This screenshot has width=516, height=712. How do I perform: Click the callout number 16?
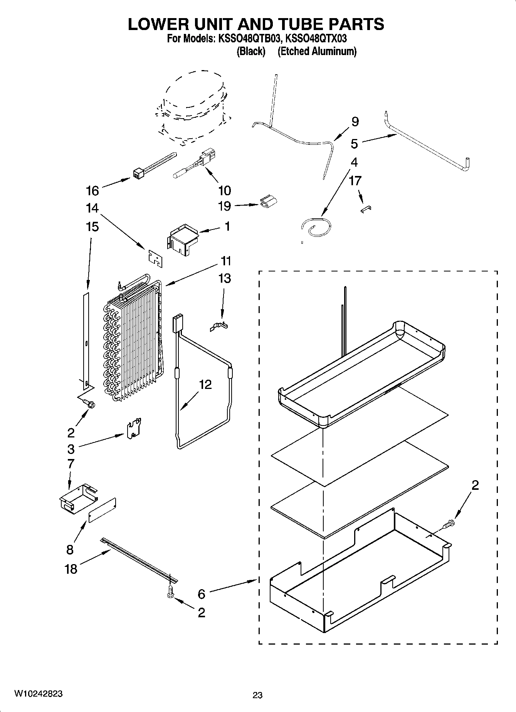point(92,191)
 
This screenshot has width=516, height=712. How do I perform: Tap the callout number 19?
point(224,206)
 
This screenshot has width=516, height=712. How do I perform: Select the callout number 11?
point(226,261)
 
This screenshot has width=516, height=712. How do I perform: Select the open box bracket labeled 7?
point(76,500)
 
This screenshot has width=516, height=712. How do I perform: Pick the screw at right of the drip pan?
point(449,524)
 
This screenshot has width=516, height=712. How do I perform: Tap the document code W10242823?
point(38,694)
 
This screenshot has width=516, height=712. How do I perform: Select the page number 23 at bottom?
point(257,695)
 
